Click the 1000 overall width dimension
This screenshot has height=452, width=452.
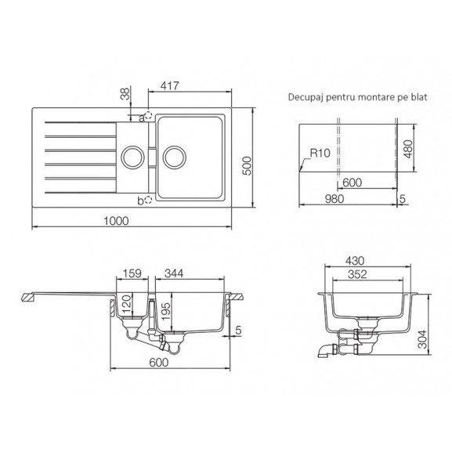click(x=116, y=221)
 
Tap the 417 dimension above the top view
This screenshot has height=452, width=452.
click(x=170, y=85)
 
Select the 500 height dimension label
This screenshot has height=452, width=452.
click(x=247, y=166)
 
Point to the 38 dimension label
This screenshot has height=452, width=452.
click(x=125, y=94)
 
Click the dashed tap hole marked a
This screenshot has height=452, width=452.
click(x=148, y=116)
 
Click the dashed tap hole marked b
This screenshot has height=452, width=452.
click(x=148, y=200)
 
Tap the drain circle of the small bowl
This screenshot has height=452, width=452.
click(x=132, y=157)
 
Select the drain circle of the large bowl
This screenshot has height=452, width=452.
click(x=175, y=157)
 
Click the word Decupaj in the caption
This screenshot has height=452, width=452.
click(x=306, y=97)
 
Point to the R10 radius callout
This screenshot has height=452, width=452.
click(x=320, y=153)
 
